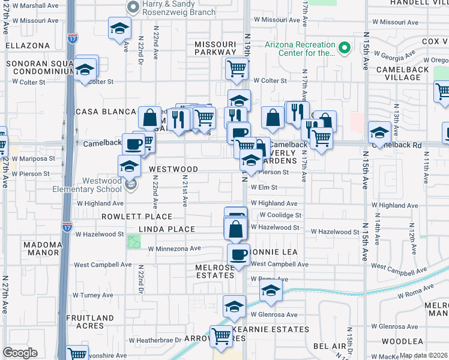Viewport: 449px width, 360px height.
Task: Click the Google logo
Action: [x=20, y=353]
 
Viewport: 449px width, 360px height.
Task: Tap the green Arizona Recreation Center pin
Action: [x=345, y=47]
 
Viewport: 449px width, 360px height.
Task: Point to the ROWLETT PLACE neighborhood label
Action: [x=137, y=217]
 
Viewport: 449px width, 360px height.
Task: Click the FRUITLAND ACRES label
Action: [x=90, y=322]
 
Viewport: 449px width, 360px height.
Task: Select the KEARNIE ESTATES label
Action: [x=277, y=329]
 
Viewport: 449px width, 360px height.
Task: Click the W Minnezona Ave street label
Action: [x=174, y=248]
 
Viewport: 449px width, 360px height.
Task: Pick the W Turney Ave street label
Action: [x=93, y=295]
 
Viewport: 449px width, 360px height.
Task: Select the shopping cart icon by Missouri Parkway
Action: [x=237, y=70]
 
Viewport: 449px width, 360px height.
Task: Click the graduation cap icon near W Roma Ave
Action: [x=271, y=292]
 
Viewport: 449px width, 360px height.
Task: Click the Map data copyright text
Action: [x=424, y=355]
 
